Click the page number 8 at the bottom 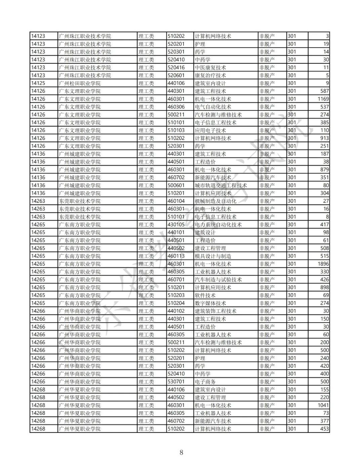[182, 452]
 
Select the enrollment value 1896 [323, 264]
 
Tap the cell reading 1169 [323, 99]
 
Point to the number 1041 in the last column [323, 405]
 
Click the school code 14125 [38, 83]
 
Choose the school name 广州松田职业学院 [80, 83]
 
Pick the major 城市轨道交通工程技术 [221, 185]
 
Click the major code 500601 [176, 185]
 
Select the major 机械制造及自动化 [215, 201]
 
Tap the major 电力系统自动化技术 [218, 225]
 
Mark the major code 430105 [176, 225]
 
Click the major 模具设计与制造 [213, 256]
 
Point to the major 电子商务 [205, 382]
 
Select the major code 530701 [176, 382]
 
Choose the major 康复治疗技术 [210, 76]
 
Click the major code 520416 [176, 67]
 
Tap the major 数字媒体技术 [210, 303]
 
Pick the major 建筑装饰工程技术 [215, 311]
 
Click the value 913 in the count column [324, 138]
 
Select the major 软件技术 [205, 295]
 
